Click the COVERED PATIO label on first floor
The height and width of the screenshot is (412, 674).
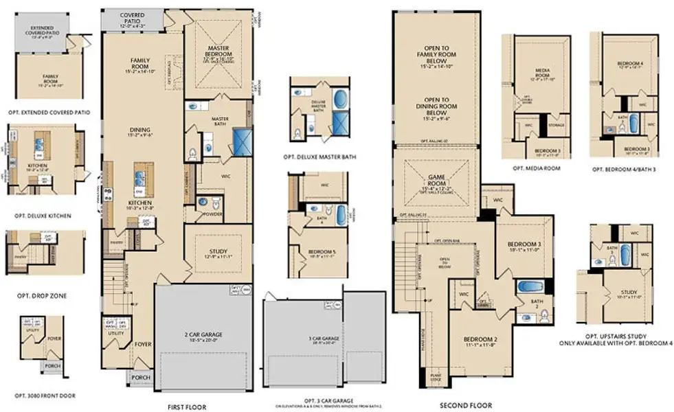136,17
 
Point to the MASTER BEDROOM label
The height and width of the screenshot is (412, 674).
223,51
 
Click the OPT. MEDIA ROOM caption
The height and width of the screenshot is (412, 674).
535,168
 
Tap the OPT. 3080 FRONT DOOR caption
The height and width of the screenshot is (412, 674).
45,396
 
